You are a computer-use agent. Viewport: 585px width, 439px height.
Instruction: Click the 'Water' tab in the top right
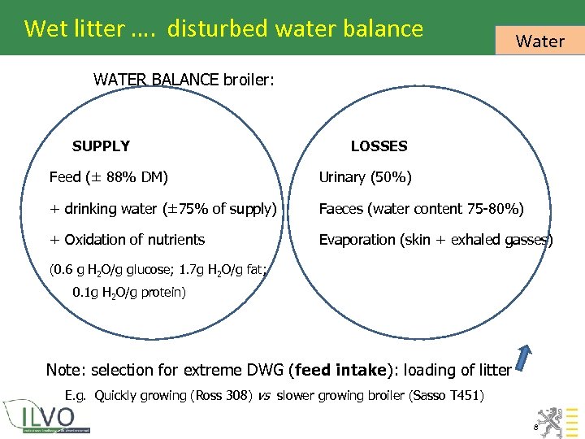point(539,41)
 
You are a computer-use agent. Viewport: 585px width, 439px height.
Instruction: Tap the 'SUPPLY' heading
point(101,146)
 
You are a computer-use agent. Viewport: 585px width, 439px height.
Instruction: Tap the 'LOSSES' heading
point(379,146)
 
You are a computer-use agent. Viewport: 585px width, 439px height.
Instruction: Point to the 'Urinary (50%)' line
point(365,177)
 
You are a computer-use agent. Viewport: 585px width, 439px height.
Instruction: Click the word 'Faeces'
point(341,209)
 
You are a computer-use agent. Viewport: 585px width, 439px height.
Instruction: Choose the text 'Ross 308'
point(220,397)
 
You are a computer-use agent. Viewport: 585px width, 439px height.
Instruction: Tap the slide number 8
point(535,427)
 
